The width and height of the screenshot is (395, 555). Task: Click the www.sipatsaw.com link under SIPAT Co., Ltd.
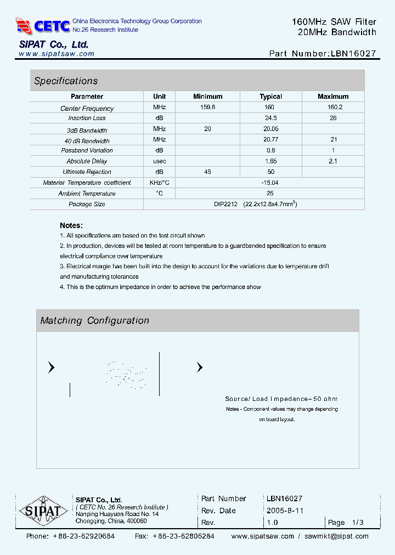pyautogui.click(x=57, y=54)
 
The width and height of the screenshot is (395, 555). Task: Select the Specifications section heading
pyautogui.click(x=66, y=81)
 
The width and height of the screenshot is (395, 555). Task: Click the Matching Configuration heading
pyautogui.click(x=94, y=320)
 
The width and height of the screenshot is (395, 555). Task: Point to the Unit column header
pyautogui.click(x=160, y=97)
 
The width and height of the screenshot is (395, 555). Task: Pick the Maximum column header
pyautogui.click(x=333, y=97)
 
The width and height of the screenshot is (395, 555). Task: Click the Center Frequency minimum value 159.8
pyautogui.click(x=207, y=107)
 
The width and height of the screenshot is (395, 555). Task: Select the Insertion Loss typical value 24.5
pyautogui.click(x=270, y=118)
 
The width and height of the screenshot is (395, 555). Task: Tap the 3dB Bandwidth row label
pyautogui.click(x=87, y=131)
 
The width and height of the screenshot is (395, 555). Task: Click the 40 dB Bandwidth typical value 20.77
pyautogui.click(x=270, y=140)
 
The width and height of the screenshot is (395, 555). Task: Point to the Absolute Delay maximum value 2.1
pyautogui.click(x=333, y=161)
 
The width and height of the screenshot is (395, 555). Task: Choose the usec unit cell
pyautogui.click(x=160, y=161)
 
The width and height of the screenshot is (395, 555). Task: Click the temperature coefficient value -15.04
pyautogui.click(x=270, y=183)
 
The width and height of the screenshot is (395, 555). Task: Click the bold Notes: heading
pyautogui.click(x=71, y=225)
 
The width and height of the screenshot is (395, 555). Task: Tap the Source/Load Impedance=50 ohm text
pyautogui.click(x=281, y=399)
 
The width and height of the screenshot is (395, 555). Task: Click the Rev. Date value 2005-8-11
pyautogui.click(x=285, y=511)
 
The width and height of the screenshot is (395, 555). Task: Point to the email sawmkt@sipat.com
pyautogui.click(x=336, y=536)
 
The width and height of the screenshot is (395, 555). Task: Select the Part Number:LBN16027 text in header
pyautogui.click(x=323, y=54)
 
